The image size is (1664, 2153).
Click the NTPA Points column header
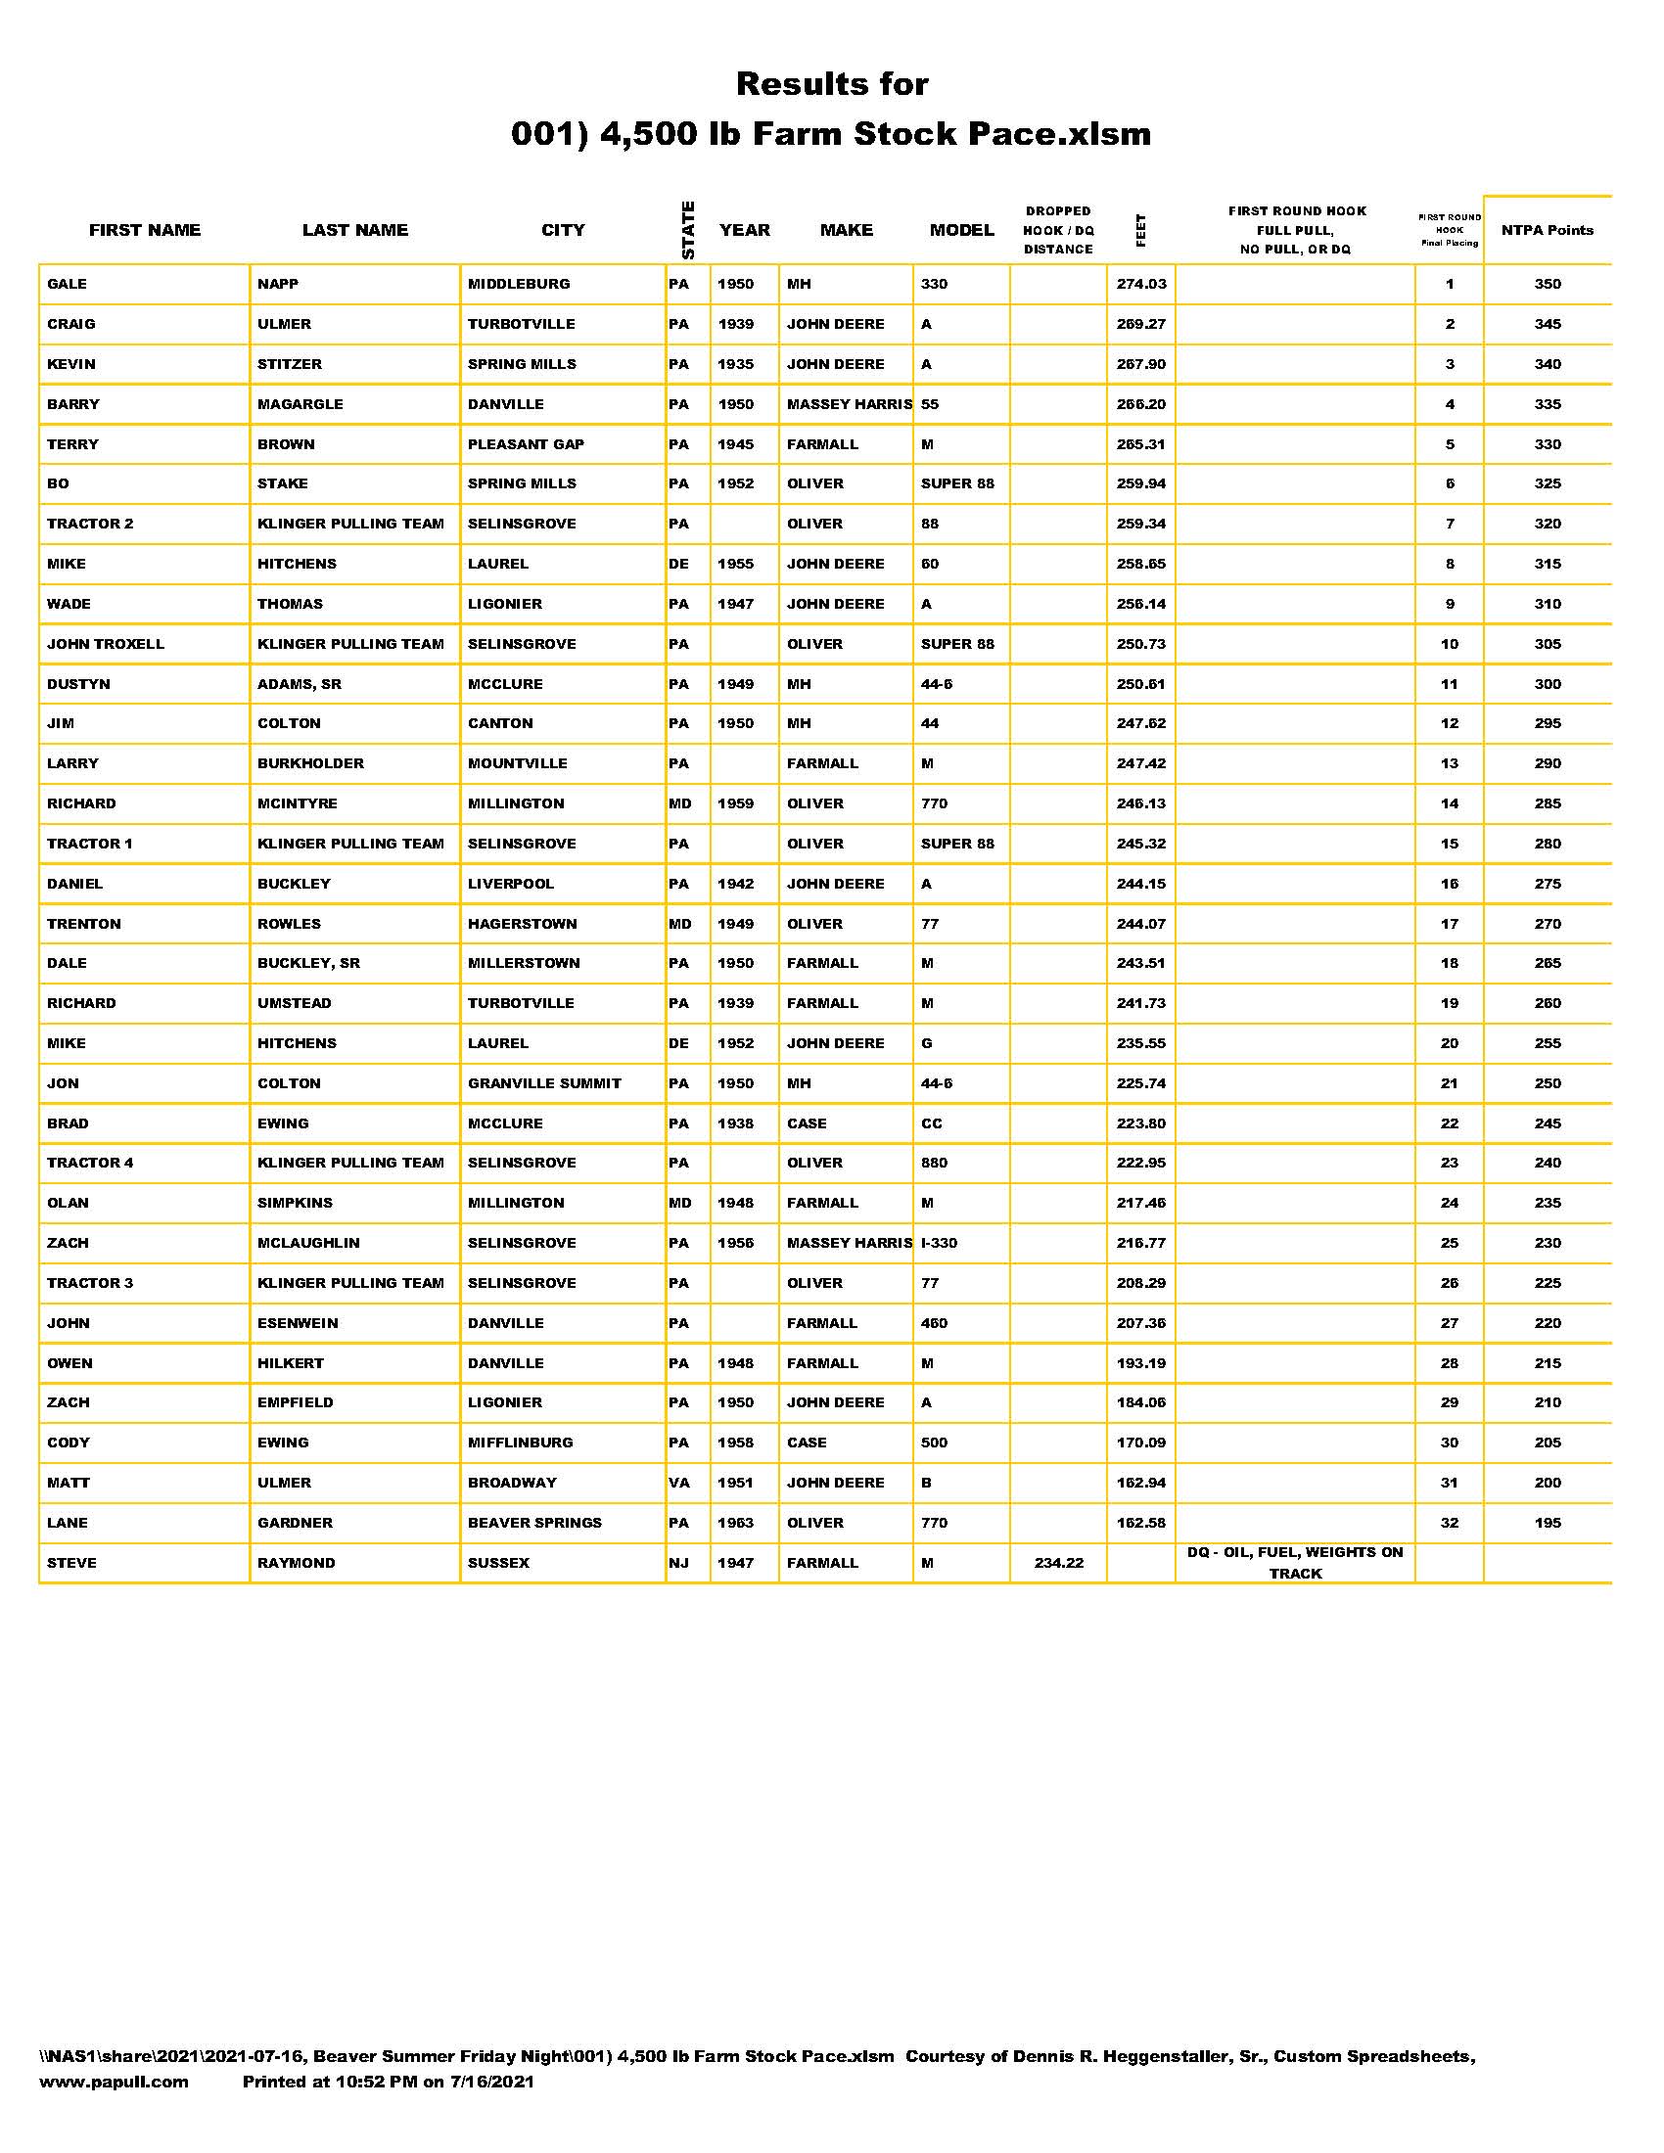click(x=1547, y=231)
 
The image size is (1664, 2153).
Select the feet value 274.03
click(x=1140, y=284)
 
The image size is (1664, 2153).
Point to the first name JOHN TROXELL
click(x=106, y=644)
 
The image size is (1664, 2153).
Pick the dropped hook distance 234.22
click(x=1059, y=1563)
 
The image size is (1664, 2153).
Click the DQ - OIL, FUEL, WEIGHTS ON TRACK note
click(x=1294, y=1563)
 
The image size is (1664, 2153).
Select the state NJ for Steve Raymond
click(x=678, y=1563)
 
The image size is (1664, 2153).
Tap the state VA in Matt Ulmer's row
click(x=678, y=1483)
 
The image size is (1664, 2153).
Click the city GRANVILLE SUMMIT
click(x=544, y=1083)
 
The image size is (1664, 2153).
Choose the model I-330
click(x=939, y=1243)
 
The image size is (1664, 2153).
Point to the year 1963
click(x=735, y=1523)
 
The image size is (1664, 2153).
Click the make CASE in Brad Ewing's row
click(x=807, y=1123)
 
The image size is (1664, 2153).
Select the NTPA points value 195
click(x=1547, y=1523)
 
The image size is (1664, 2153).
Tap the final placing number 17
click(x=1449, y=924)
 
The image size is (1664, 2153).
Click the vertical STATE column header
click(x=688, y=231)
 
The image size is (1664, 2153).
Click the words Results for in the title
click(x=832, y=84)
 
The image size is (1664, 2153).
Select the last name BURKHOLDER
click(x=310, y=763)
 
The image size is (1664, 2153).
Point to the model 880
click(x=934, y=1164)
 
